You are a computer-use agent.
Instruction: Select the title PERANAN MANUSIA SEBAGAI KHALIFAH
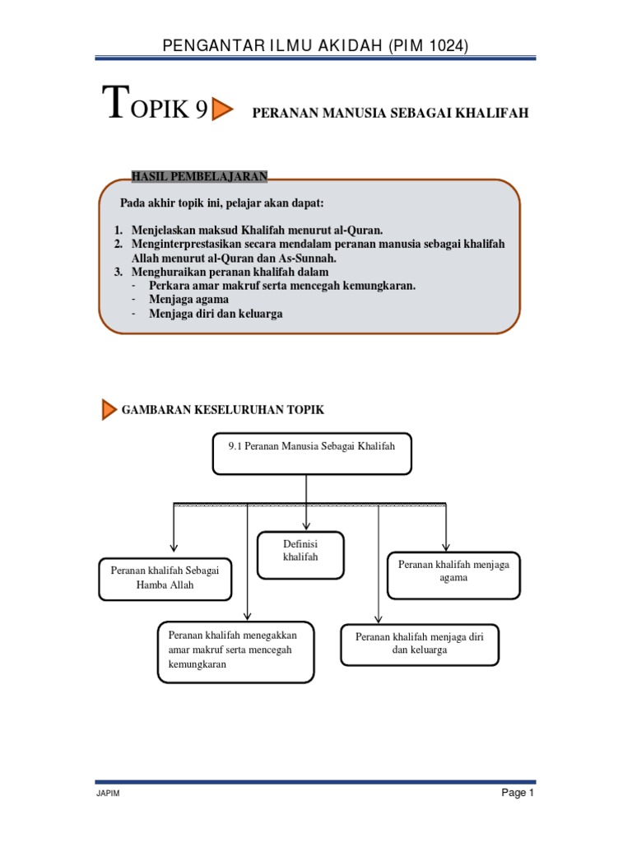coord(390,113)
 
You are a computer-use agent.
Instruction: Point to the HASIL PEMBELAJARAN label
coord(198,175)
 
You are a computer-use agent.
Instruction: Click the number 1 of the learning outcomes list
coord(118,230)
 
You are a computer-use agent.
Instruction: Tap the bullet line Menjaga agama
coord(188,300)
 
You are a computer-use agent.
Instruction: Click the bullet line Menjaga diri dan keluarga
coord(216,314)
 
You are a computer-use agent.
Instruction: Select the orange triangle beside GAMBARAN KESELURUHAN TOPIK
coord(109,409)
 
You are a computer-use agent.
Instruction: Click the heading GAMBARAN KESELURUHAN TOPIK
coord(228,409)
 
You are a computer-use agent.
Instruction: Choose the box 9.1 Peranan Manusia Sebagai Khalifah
coord(312,454)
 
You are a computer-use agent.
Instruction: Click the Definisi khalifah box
coord(300,556)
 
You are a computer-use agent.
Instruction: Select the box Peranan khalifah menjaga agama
coord(453,574)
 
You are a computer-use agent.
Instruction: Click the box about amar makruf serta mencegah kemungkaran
coord(235,651)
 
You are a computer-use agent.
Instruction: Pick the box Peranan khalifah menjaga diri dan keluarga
coord(420,644)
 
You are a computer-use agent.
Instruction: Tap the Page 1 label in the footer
coord(518,794)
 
